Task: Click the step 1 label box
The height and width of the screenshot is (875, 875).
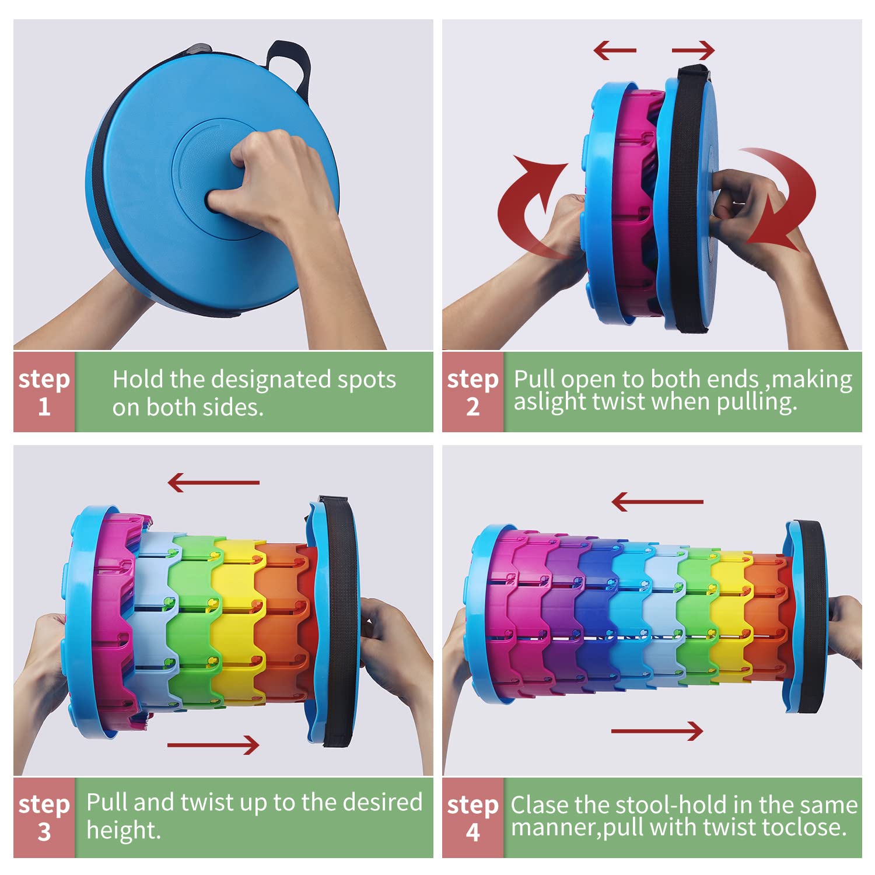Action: pyautogui.click(x=44, y=392)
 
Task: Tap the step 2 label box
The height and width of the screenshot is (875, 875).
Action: pyautogui.click(x=473, y=392)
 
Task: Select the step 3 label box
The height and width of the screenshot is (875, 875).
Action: pyautogui.click(x=44, y=817)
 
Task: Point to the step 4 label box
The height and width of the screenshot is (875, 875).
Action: pyautogui.click(x=473, y=817)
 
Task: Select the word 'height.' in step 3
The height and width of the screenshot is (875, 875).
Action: pyautogui.click(x=124, y=830)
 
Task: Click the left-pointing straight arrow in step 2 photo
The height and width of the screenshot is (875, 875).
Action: pyautogui.click(x=615, y=50)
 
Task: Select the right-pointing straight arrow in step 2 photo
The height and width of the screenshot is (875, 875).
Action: pyautogui.click(x=693, y=50)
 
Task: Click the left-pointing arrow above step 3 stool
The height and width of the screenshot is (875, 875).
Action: pyautogui.click(x=213, y=482)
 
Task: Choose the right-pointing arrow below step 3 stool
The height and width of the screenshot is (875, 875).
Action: pyautogui.click(x=213, y=745)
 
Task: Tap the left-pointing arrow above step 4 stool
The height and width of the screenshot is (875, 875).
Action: pyautogui.click(x=657, y=502)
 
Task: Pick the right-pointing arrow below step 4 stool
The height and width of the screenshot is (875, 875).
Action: pyautogui.click(x=657, y=730)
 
